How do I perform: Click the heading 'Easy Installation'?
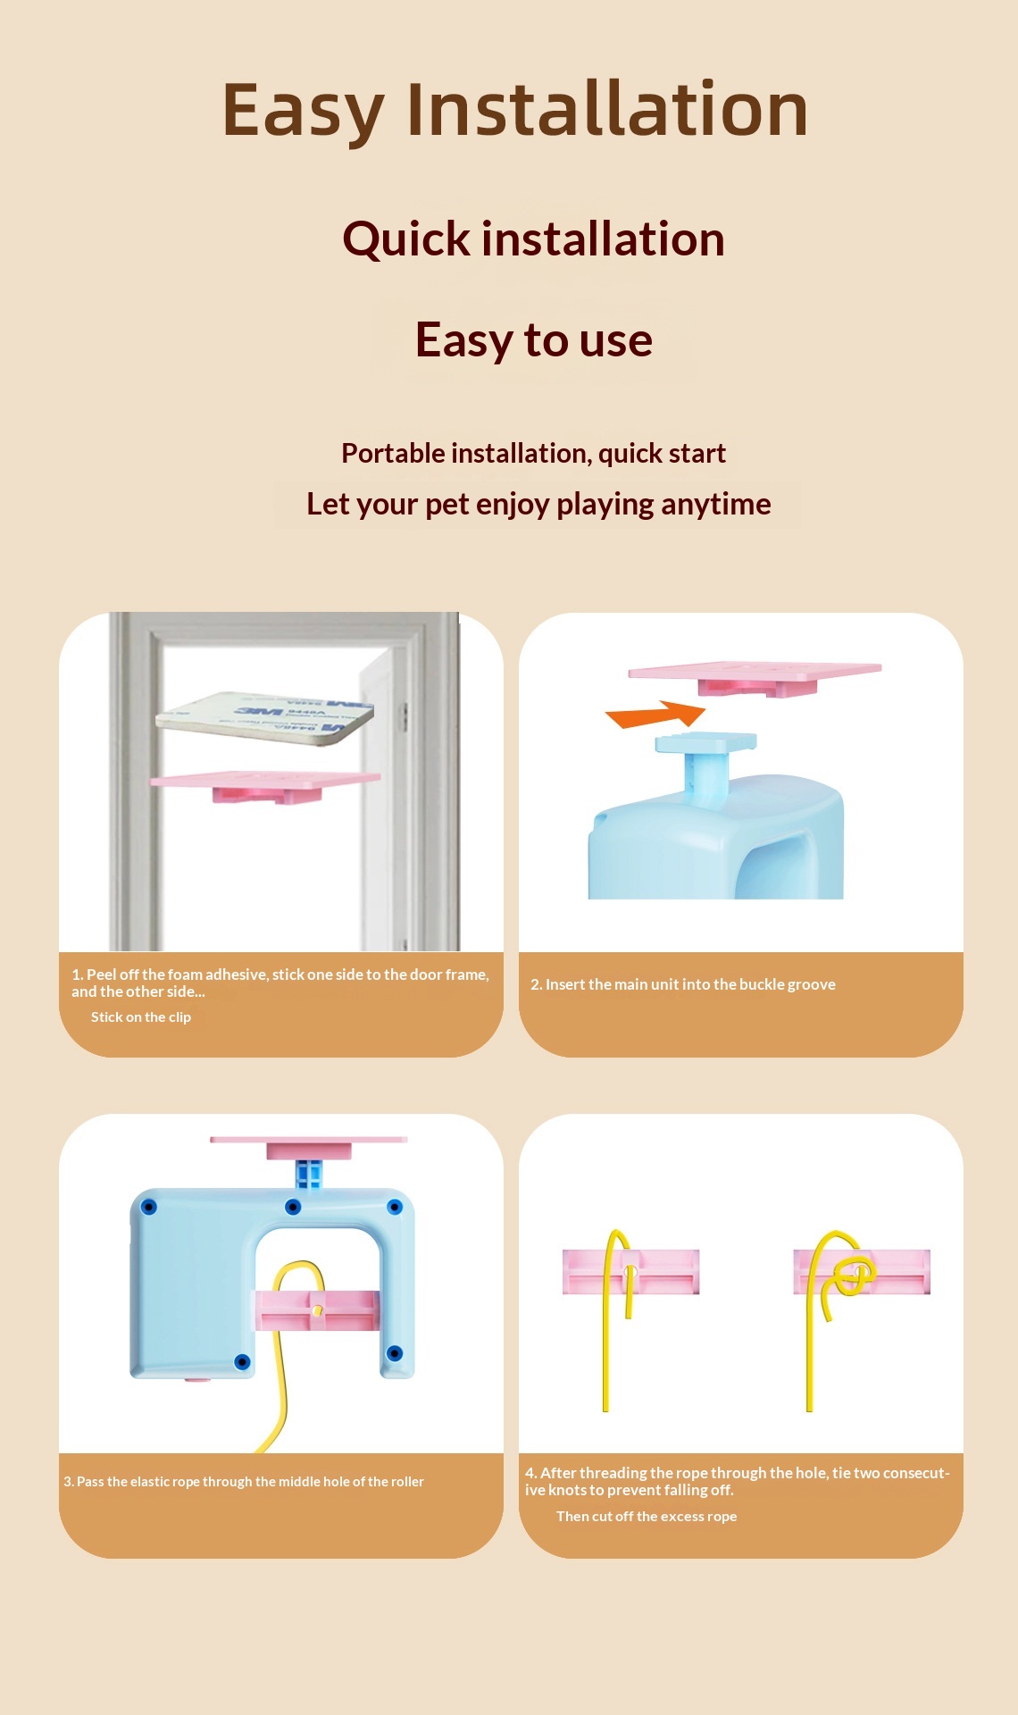(515, 111)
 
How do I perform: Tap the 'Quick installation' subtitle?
(533, 239)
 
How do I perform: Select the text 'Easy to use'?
(534, 339)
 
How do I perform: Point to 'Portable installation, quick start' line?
(533, 454)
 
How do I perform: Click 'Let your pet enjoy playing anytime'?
(538, 505)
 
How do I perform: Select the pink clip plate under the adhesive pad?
(265, 785)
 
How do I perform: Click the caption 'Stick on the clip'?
(141, 1017)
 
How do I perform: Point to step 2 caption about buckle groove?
(683, 984)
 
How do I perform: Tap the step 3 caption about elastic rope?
(244, 1482)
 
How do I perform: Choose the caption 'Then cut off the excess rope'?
(647, 1517)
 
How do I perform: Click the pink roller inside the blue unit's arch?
(318, 1310)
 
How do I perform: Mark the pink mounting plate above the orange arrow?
(755, 676)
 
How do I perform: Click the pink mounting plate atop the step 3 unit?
(309, 1147)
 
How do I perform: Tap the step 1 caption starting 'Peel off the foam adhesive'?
(280, 983)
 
